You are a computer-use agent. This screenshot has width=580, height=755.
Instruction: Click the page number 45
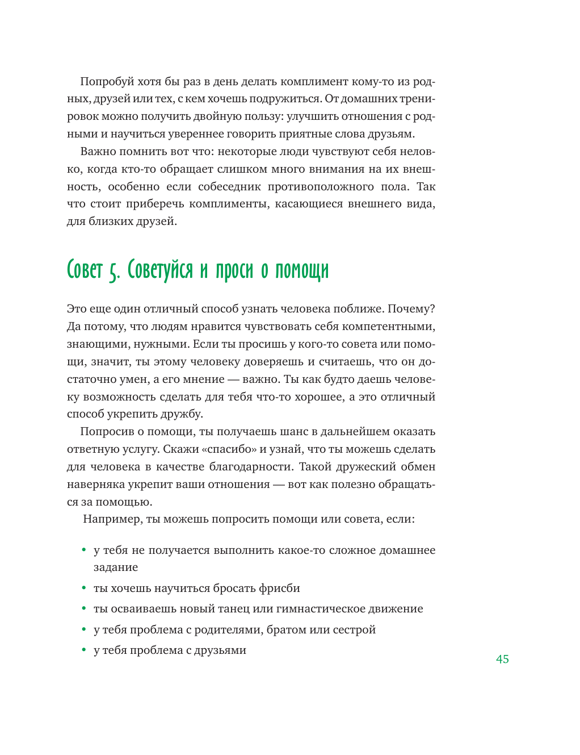pos(502,659)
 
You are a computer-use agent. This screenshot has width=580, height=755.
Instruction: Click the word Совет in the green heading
pos(85,270)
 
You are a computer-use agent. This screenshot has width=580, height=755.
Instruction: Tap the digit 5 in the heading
pos(114,271)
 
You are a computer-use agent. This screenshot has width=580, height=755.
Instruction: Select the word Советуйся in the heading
pos(160,270)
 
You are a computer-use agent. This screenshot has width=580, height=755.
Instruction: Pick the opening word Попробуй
pos(106,82)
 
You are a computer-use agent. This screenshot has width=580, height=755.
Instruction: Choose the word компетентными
pos(390,327)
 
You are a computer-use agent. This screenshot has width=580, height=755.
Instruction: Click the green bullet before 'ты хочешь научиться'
pos(84,588)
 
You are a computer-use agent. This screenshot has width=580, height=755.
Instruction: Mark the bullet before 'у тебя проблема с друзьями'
pos(84,650)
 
